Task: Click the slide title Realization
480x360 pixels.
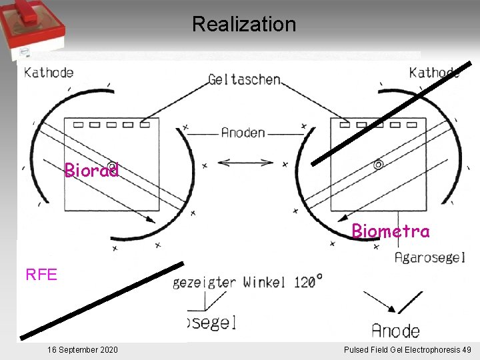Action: click(243, 25)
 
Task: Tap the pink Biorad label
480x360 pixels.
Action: click(91, 171)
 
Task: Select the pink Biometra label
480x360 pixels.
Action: click(391, 231)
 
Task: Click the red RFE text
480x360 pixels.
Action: click(41, 274)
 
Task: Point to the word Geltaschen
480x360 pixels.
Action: click(244, 79)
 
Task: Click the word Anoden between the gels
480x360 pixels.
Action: click(243, 133)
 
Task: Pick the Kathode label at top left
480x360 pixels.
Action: click(49, 72)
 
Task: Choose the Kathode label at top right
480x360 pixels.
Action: click(434, 72)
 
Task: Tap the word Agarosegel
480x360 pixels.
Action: click(430, 257)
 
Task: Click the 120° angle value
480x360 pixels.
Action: click(309, 281)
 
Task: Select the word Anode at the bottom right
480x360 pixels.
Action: click(396, 330)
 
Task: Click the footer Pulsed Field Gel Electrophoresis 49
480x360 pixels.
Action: click(407, 350)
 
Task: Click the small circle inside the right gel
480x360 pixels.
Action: click(378, 164)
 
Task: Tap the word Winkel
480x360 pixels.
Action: click(265, 282)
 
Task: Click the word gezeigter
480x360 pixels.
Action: click(204, 282)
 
